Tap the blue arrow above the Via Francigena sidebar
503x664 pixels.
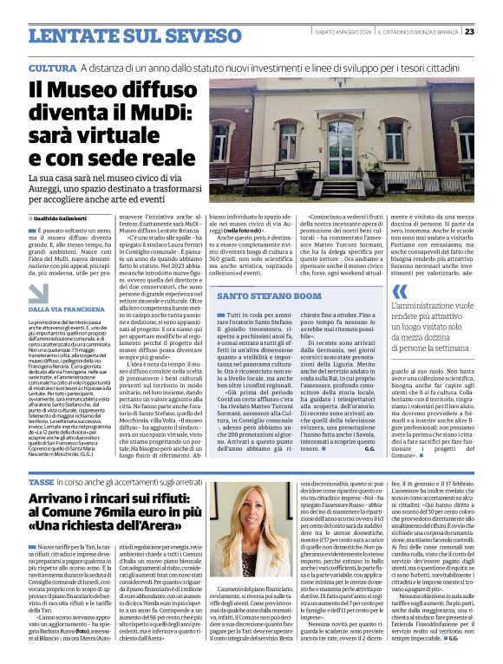pos(37,293)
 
